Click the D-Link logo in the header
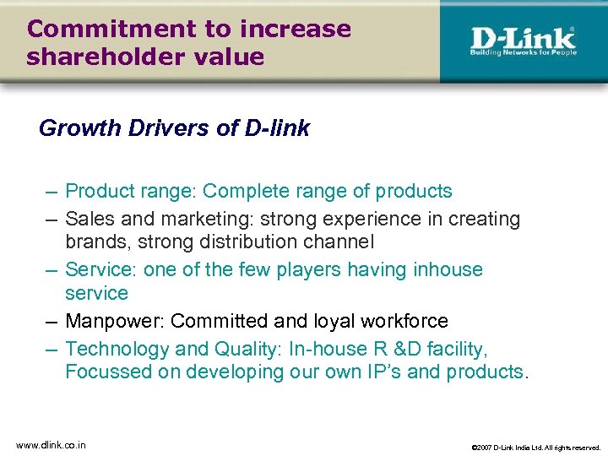click(523, 40)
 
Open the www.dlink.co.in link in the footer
click(51, 444)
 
